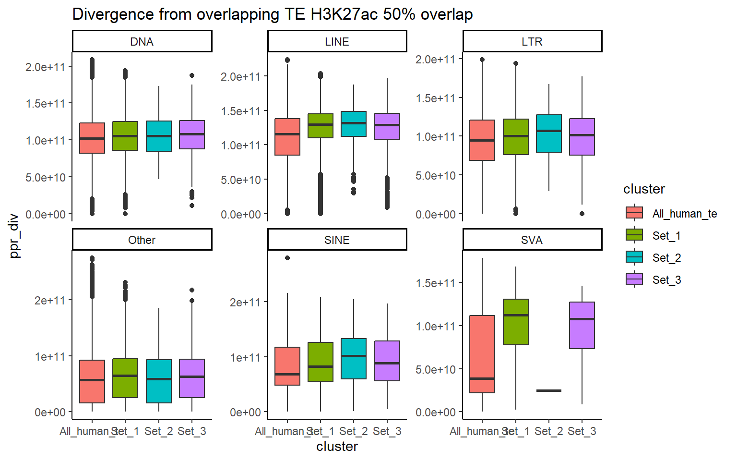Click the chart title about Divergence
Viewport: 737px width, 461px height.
[272, 14]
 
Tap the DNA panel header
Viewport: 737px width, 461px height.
[142, 41]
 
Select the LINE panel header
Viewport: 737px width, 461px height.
[337, 41]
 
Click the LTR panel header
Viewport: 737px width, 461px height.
[532, 41]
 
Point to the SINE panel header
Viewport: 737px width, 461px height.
[337, 240]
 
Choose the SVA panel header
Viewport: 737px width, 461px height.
[532, 240]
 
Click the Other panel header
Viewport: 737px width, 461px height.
[142, 240]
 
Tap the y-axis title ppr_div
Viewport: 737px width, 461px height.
[14, 236]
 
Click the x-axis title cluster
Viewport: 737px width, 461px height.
[337, 447]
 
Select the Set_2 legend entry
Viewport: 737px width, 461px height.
[666, 258]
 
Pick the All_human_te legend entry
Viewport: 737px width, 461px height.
[684, 214]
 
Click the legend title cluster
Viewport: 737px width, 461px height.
[644, 189]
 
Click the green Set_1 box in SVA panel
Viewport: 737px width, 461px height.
[516, 322]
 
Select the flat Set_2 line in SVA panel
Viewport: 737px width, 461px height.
[549, 390]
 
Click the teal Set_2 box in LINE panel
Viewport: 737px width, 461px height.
[354, 124]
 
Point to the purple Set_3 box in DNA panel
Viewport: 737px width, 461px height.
[192, 134]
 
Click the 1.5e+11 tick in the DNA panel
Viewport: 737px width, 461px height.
[46, 103]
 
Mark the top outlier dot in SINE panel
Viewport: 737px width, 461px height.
[287, 258]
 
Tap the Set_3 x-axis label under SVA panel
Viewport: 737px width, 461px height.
[582, 431]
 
